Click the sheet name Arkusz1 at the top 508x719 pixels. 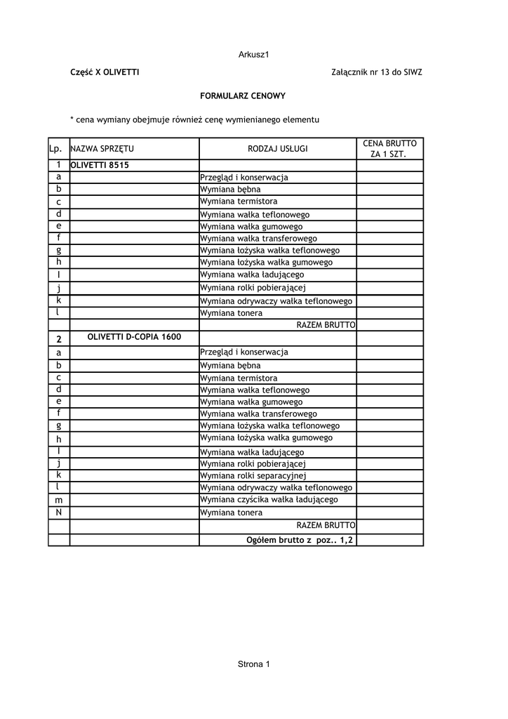[x=254, y=54]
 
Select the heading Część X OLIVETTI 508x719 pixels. [x=105, y=72]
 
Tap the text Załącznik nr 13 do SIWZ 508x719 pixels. [x=376, y=72]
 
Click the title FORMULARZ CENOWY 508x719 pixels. [x=243, y=95]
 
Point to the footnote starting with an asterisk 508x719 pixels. [x=194, y=120]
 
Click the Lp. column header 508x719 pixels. [x=56, y=149]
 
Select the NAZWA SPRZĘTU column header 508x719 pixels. [x=102, y=149]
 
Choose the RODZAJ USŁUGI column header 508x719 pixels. [x=278, y=149]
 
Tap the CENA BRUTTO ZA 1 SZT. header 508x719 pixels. [x=389, y=148]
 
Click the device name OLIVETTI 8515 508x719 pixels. [x=100, y=166]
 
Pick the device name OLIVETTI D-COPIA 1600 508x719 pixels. [x=134, y=337]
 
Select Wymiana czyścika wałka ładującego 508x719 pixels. [x=269, y=499]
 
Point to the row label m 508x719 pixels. [x=59, y=500]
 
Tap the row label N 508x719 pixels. [x=59, y=512]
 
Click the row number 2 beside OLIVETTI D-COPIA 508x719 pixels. [x=59, y=339]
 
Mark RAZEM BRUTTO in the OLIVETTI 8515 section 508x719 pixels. [x=326, y=325]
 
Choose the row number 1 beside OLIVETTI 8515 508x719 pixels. [x=59, y=166]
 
